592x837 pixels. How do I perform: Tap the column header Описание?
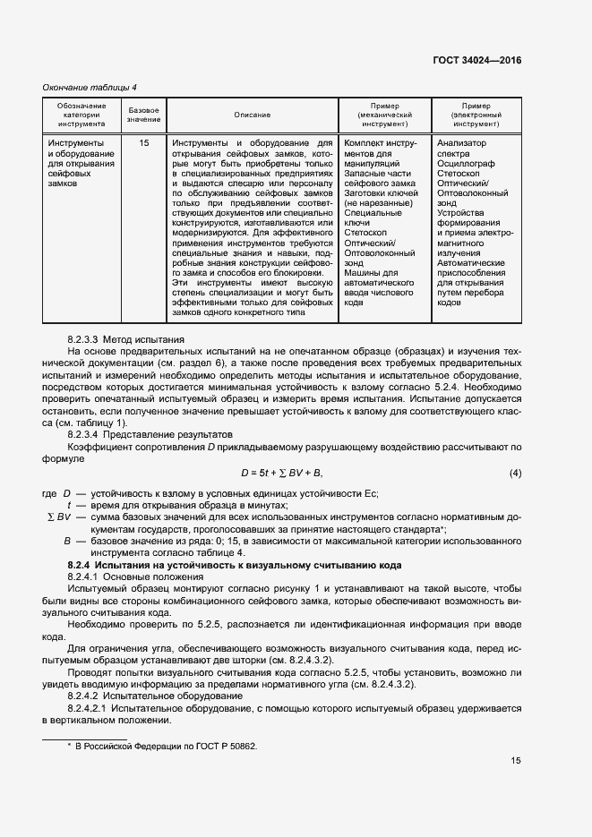click(x=253, y=115)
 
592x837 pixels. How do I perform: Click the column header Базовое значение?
click(x=143, y=114)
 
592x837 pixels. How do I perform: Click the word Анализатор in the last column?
click(x=462, y=142)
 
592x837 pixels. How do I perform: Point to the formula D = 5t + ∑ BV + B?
click(x=281, y=472)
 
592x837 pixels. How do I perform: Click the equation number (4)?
click(x=515, y=472)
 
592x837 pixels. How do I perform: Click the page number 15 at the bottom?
click(x=515, y=786)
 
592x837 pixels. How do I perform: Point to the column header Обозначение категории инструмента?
click(x=82, y=115)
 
